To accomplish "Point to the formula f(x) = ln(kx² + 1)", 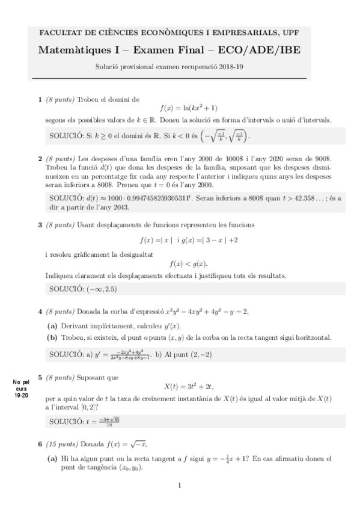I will (180, 108).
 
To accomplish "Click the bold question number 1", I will (40, 99).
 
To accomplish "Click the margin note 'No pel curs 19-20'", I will (20, 387).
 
